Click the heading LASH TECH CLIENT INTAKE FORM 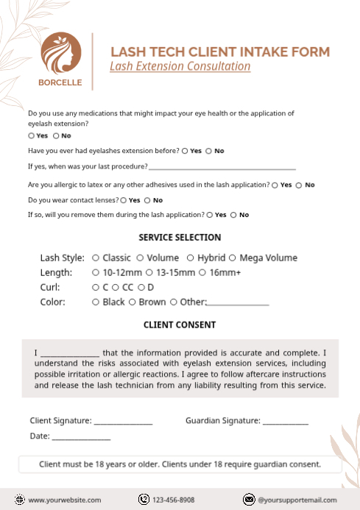coord(219,52)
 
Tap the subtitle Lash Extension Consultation coord(180,66)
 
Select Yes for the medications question coord(31,135)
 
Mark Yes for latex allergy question coord(275,185)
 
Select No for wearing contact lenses coord(147,200)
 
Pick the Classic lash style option coord(96,258)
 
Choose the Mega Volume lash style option coord(233,258)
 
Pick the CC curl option coord(116,287)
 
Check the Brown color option coord(133,302)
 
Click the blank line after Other coord(238,303)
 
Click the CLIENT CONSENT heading coord(180,325)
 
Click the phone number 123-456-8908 coord(174,500)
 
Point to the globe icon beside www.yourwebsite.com coord(21,500)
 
